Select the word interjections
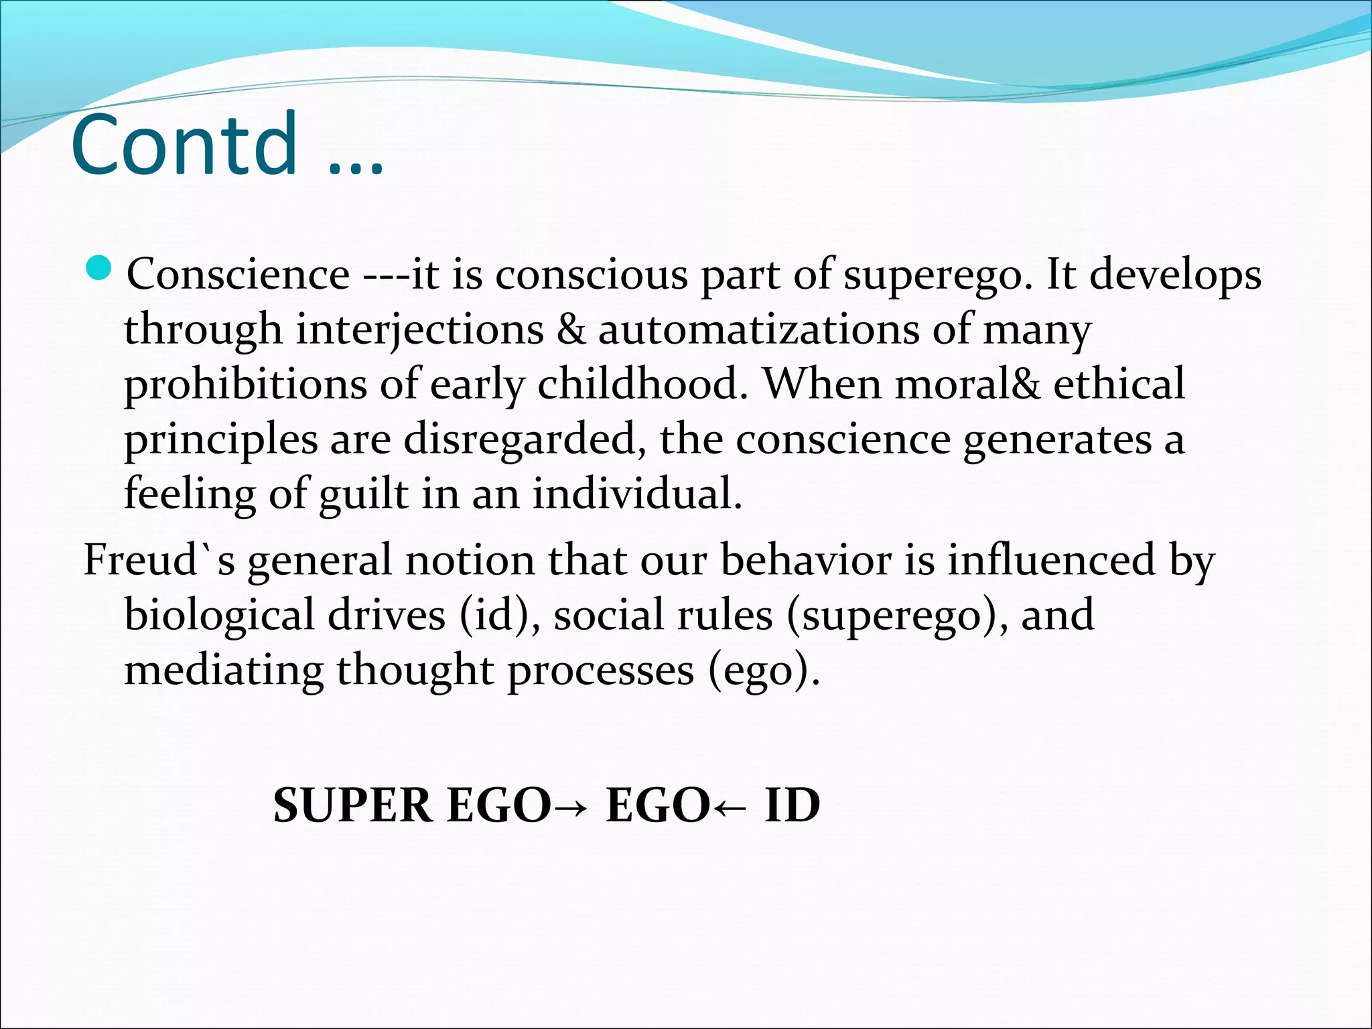tap(420, 330)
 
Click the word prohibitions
tap(246, 385)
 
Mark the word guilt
tap(363, 494)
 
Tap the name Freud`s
tap(159, 560)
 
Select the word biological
tap(219, 616)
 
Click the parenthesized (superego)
tap(897, 616)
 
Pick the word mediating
tap(224, 670)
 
